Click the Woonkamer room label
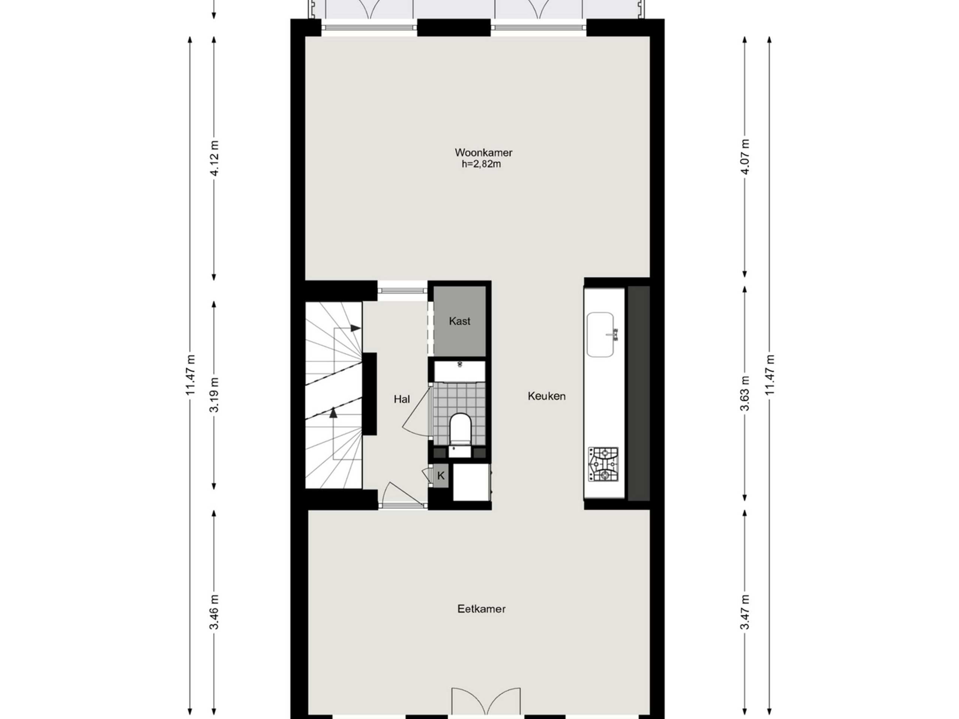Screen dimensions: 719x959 pos(483,152)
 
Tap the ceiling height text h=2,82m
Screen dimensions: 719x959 pos(481,164)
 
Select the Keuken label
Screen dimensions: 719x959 pos(546,396)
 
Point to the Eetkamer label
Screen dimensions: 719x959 pos(481,609)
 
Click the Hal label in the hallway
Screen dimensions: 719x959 pos(402,399)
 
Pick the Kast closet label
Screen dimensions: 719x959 pos(460,321)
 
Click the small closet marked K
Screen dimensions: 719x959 pos(441,476)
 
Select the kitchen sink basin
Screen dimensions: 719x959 pos(600,334)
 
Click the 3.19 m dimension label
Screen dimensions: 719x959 pos(214,395)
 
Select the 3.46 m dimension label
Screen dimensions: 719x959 pos(214,612)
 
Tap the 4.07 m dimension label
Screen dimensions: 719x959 pos(745,157)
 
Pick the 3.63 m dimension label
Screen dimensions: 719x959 pos(745,394)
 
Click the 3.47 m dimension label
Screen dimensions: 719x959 pos(745,612)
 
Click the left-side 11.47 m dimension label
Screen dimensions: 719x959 pos(190,375)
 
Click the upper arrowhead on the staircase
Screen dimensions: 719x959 pos(356,328)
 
